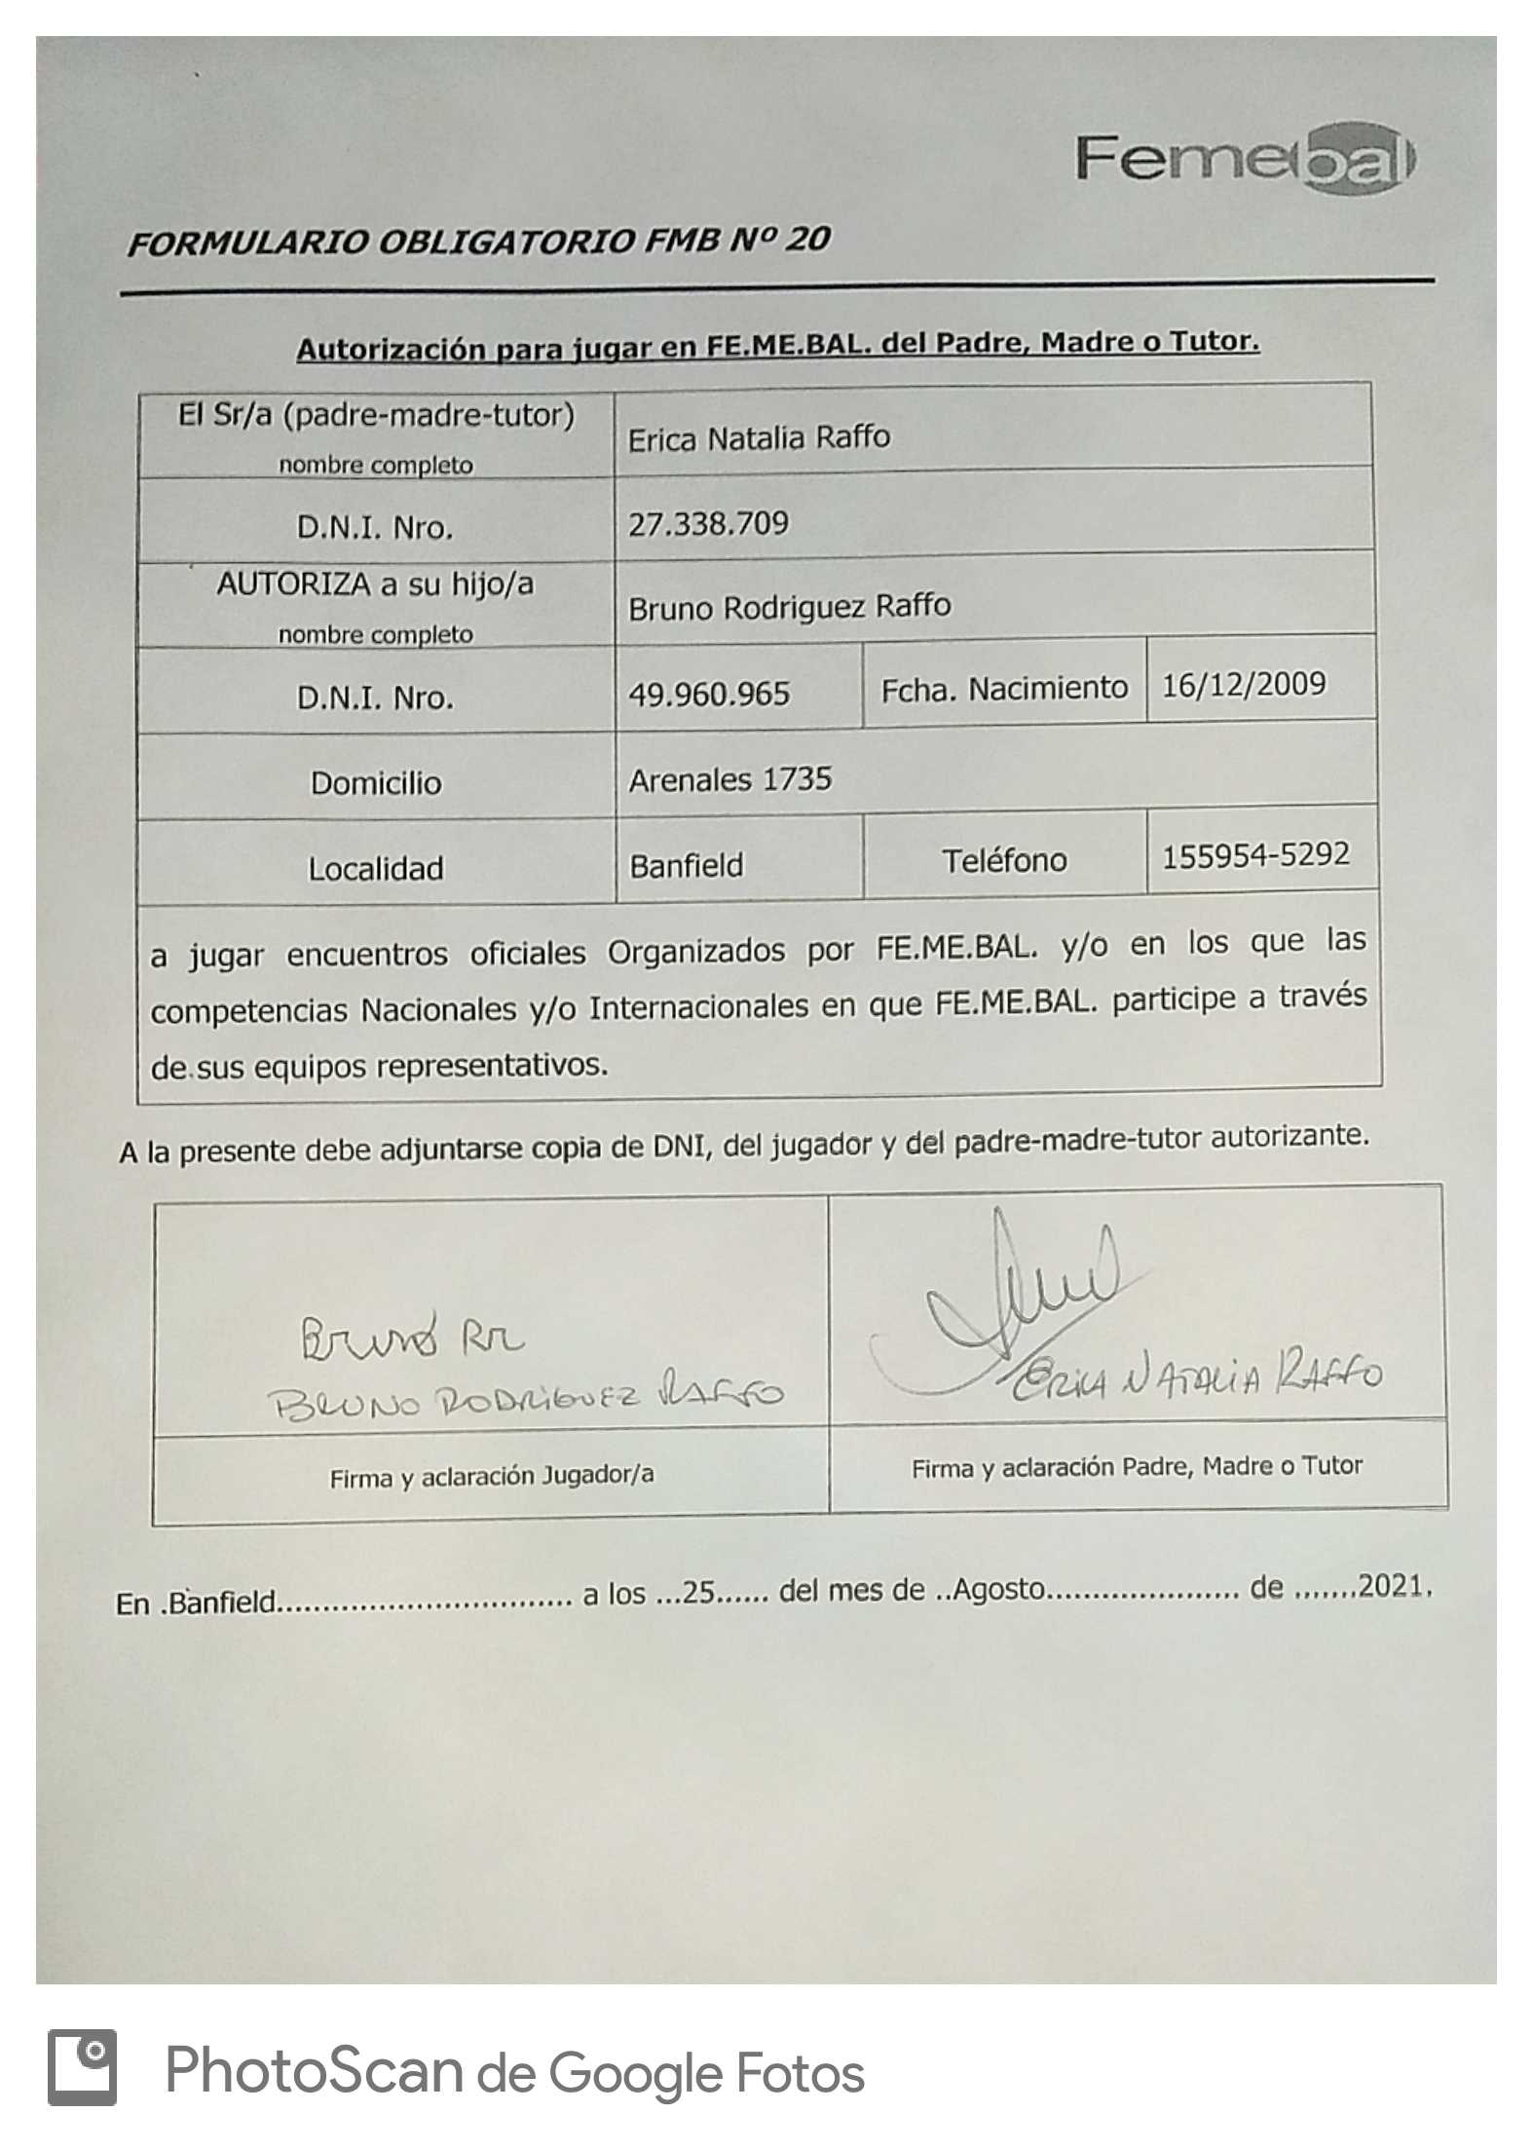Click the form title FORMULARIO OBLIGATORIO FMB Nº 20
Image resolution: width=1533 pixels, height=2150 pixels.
click(x=478, y=241)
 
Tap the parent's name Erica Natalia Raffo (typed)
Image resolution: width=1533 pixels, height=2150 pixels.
click(x=759, y=438)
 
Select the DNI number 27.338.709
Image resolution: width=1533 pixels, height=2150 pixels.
click(x=708, y=524)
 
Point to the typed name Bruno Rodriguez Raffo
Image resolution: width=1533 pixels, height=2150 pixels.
click(x=789, y=607)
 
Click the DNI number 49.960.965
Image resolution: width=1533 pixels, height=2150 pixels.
click(x=708, y=694)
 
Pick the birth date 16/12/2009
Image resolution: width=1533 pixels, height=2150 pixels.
click(x=1244, y=683)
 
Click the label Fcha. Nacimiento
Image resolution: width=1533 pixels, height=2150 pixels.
click(x=1004, y=689)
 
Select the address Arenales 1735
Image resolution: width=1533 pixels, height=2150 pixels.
click(x=729, y=779)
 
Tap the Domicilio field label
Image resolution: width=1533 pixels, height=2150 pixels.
click(x=376, y=783)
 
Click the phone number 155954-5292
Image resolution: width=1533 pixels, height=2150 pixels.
click(x=1255, y=855)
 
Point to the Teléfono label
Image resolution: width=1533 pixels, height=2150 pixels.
click(x=1004, y=860)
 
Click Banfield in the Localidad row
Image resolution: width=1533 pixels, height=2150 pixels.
click(x=686, y=865)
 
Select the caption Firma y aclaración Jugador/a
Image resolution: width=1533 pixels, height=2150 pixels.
click(x=491, y=1477)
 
